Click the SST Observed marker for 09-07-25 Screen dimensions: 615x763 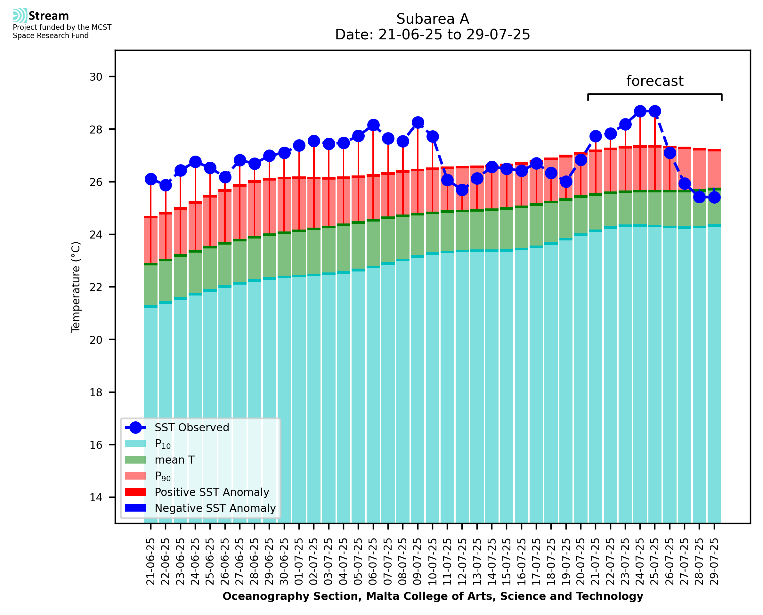pyautogui.click(x=418, y=123)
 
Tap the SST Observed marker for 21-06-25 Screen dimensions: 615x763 pyautogui.click(x=151, y=179)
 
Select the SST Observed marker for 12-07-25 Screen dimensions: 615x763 pyautogui.click(x=462, y=190)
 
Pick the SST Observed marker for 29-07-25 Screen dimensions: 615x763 pyautogui.click(x=714, y=197)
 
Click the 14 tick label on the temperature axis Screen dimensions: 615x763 pyautogui.click(x=96, y=498)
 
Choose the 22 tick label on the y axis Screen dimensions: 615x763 pyautogui.click(x=96, y=287)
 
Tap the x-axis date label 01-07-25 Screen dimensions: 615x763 pyautogui.click(x=299, y=562)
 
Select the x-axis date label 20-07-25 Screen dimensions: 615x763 pyautogui.click(x=580, y=562)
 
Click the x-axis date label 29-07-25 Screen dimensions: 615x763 pyautogui.click(x=714, y=562)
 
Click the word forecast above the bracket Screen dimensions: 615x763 pyautogui.click(x=654, y=81)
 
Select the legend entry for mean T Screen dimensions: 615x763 pyautogui.click(x=175, y=460)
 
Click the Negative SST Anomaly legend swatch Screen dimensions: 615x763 pyautogui.click(x=136, y=508)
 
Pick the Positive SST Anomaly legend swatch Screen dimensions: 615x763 pyautogui.click(x=136, y=492)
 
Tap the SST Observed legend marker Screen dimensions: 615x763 pyautogui.click(x=136, y=428)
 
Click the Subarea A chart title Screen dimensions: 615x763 pyautogui.click(x=433, y=19)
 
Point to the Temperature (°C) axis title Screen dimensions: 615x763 pyautogui.click(x=76, y=287)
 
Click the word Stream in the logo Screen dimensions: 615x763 pyautogui.click(x=49, y=16)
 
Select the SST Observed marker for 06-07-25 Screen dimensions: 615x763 pyautogui.click(x=373, y=125)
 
